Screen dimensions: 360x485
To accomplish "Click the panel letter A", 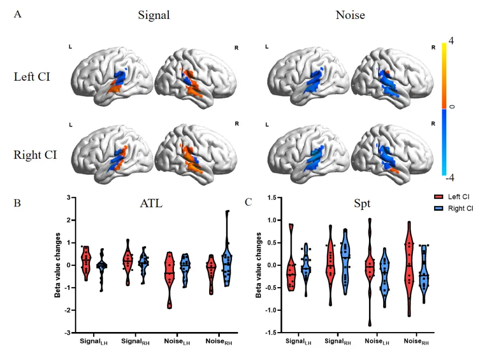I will click(x=17, y=14).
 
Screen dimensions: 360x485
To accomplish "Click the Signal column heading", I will click(x=154, y=15).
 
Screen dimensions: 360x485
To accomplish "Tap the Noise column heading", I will click(x=350, y=15).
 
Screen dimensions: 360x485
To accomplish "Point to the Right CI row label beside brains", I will click(x=35, y=155).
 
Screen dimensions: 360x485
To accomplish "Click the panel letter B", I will click(x=17, y=202).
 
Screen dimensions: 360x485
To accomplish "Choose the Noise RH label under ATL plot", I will click(x=218, y=343).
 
